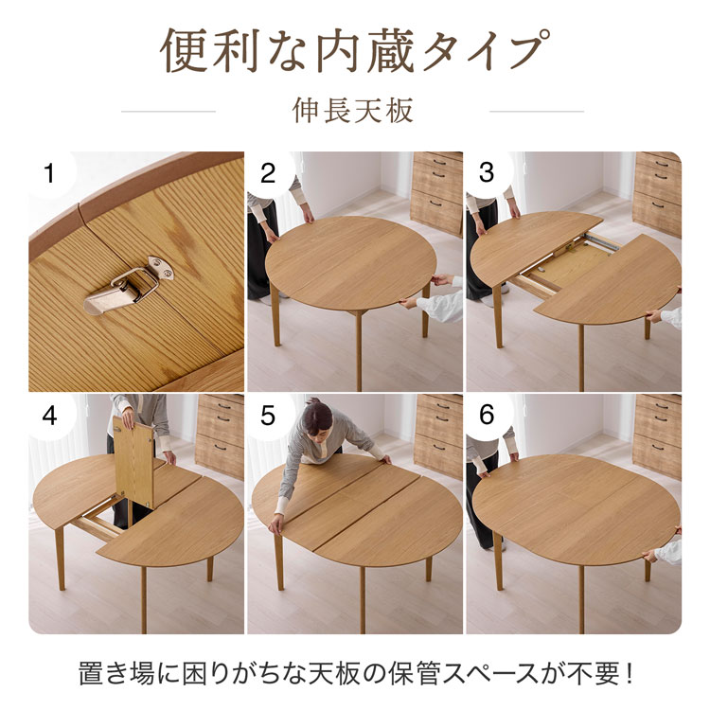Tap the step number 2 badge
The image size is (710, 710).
[x=268, y=173]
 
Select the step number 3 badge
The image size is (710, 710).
[x=487, y=173]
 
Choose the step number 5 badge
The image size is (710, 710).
[x=268, y=416]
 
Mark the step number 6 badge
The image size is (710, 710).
[x=487, y=416]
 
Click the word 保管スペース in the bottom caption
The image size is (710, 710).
[x=491, y=676]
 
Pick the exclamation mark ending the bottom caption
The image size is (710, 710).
[x=628, y=676]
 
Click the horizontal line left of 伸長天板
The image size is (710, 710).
[x=169, y=112]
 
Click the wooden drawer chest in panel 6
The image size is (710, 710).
[x=657, y=435]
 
